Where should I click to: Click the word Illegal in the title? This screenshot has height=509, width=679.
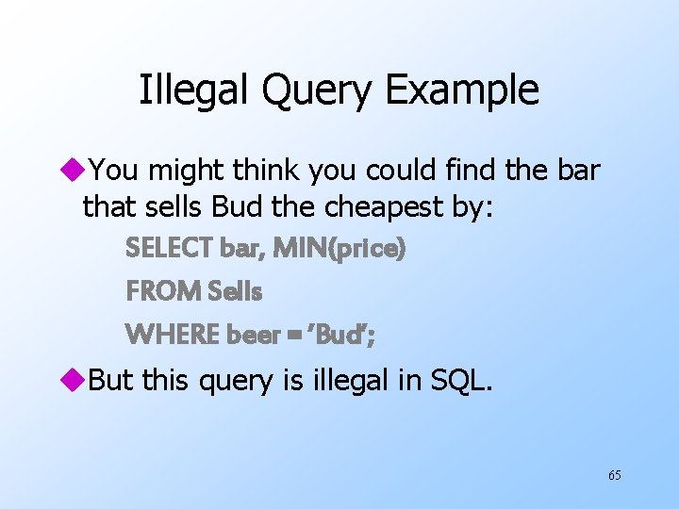pyautogui.click(x=192, y=90)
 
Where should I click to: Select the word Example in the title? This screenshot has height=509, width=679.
pyautogui.click(x=463, y=91)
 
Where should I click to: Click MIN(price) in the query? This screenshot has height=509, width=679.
pyautogui.click(x=340, y=249)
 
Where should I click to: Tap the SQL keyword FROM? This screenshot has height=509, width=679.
pyautogui.click(x=156, y=292)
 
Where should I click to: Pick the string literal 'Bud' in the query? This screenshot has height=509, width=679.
pyautogui.click(x=342, y=335)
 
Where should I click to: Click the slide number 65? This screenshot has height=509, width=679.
pyautogui.click(x=614, y=475)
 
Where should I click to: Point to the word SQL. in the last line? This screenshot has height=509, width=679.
pyautogui.click(x=459, y=380)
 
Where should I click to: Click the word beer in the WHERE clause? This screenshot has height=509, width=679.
pyautogui.click(x=250, y=335)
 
